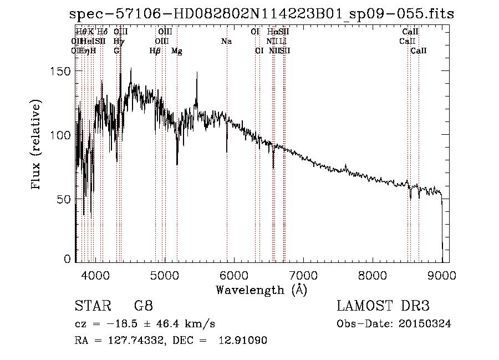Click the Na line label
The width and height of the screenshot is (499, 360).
(226, 42)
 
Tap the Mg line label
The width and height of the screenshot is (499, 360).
(177, 51)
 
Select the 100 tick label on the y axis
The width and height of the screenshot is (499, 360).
(59, 135)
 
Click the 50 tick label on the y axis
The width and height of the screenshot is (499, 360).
(62, 199)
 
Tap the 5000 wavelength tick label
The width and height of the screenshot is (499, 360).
(165, 273)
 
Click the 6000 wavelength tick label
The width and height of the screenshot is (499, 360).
(234, 273)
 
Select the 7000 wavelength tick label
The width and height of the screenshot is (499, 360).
(303, 273)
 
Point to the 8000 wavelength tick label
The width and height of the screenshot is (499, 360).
(373, 273)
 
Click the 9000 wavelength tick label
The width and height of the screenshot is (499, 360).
(442, 273)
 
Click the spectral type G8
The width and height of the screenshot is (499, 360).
(143, 306)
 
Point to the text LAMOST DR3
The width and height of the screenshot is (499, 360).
(383, 306)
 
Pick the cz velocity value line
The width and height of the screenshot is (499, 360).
(145, 324)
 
